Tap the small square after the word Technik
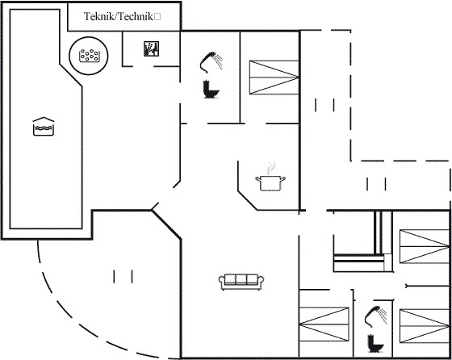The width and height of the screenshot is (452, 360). coord(157,17)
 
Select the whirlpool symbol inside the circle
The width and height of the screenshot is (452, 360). coord(89,56)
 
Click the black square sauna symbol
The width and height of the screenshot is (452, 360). coord(152,48)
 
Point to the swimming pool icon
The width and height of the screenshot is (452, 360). coord(44,126)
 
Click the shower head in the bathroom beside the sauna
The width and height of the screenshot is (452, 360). coord(211,61)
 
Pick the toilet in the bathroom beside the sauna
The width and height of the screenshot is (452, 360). coord(211,90)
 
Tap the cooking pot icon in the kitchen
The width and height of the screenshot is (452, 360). coord(270,183)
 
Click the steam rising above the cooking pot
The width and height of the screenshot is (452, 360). coord(270,168)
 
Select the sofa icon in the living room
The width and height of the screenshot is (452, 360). coord(241,282)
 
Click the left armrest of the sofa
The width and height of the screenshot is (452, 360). coord(222,282)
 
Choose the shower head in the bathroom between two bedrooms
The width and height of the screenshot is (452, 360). coord(375,316)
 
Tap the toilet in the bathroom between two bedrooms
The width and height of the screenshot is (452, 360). coord(375,343)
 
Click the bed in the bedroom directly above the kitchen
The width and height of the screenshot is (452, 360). coord(274,77)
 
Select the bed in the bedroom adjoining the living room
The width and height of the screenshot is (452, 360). coord(324,324)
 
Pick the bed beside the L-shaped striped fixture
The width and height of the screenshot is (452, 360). coord(425,246)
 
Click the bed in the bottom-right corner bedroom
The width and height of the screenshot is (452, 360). coord(425,326)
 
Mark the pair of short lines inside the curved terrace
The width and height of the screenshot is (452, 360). coord(123,276)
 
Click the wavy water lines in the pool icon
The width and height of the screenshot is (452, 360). coord(44,128)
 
